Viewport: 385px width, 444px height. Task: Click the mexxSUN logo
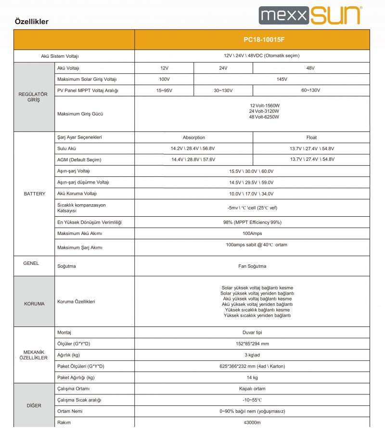(x=309, y=15)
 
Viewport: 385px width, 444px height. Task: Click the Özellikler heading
(x=32, y=22)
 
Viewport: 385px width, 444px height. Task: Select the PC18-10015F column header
(x=252, y=39)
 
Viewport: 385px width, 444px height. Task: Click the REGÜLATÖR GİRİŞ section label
(x=33, y=97)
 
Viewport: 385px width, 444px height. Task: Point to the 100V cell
(x=164, y=79)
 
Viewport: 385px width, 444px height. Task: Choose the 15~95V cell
(x=164, y=90)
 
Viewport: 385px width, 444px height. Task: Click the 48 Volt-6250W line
(x=264, y=117)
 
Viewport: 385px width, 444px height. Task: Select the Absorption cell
(x=193, y=137)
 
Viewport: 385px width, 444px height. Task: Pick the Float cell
(x=311, y=137)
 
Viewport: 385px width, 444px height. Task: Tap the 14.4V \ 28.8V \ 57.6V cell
(x=193, y=159)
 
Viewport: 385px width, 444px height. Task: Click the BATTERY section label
(x=35, y=194)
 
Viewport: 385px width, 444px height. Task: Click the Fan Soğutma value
(x=252, y=266)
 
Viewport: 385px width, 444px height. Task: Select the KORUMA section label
(x=35, y=304)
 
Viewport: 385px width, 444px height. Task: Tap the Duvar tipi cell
(x=252, y=333)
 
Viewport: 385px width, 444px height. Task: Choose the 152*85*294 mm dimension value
(x=252, y=343)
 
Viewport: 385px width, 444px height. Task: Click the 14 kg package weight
(x=252, y=378)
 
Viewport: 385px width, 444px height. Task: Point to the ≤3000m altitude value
(x=252, y=422)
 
